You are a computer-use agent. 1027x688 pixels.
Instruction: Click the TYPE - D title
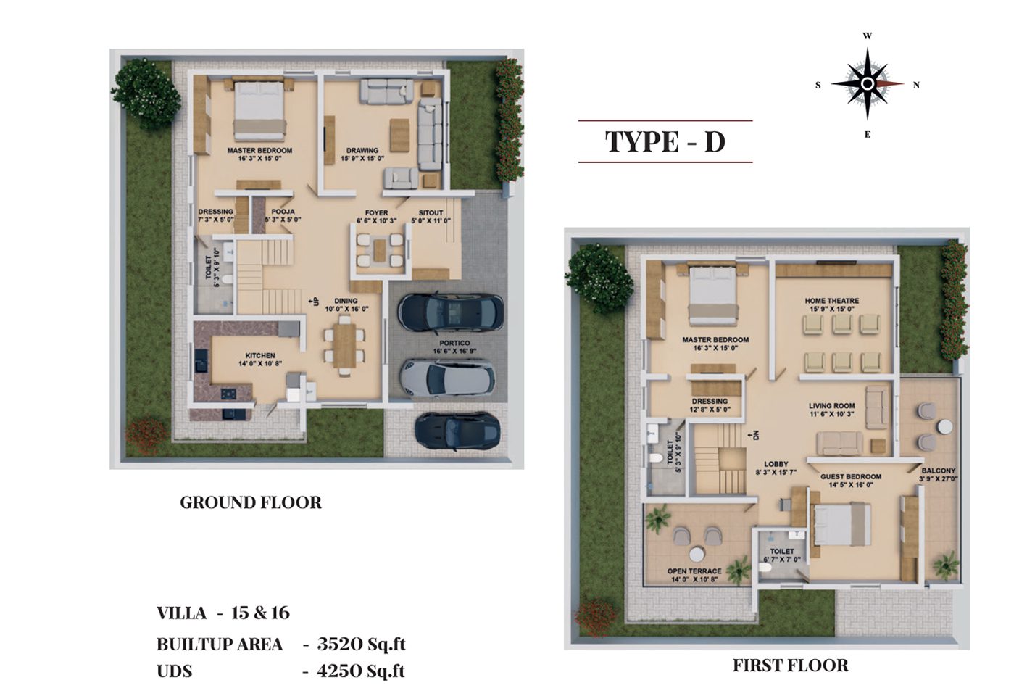click(665, 141)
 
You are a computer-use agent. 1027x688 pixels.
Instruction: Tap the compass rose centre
click(867, 84)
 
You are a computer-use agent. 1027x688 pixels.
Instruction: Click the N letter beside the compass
click(916, 85)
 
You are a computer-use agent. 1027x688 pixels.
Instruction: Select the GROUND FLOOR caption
click(251, 502)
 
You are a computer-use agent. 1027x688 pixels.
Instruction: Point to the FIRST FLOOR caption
click(791, 665)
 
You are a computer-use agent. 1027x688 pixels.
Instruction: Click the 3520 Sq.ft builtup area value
click(361, 644)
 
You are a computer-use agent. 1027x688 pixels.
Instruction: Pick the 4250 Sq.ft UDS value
click(361, 671)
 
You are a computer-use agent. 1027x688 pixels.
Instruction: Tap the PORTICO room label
click(454, 343)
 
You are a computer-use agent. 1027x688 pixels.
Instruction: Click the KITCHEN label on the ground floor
click(260, 355)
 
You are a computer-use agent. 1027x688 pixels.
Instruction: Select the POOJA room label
click(283, 212)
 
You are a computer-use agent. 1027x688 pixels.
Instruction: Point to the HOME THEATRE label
click(832, 301)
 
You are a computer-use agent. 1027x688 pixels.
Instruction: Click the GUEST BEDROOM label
click(851, 476)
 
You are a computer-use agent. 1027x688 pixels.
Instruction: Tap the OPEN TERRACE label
click(694, 571)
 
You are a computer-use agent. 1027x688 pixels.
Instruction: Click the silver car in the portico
click(447, 378)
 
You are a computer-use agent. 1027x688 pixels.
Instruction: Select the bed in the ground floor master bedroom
click(259, 110)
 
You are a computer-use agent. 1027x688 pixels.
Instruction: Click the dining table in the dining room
click(345, 345)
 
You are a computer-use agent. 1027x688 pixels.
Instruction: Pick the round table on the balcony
click(944, 427)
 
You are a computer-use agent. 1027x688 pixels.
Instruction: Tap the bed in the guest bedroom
click(841, 524)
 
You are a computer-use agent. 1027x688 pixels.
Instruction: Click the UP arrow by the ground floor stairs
click(315, 302)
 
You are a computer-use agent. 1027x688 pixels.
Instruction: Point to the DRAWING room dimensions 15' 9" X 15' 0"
click(362, 159)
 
